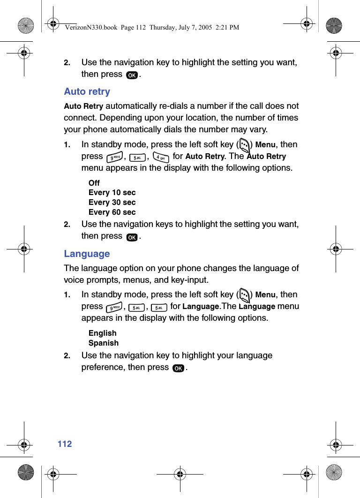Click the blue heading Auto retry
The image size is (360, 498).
[x=87, y=91]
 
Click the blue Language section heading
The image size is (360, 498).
[x=87, y=254]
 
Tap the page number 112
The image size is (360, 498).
[x=65, y=444]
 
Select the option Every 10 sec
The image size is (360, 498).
[x=112, y=192]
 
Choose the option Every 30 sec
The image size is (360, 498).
[x=112, y=202]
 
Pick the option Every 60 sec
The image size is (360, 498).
[x=112, y=212]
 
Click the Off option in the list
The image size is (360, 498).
[x=94, y=183]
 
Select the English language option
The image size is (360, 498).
[x=102, y=333]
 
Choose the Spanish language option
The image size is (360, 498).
[x=104, y=343]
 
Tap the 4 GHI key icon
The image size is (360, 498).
[x=161, y=158]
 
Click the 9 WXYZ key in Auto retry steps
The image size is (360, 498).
[x=115, y=158]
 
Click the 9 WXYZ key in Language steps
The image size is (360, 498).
[x=114, y=308]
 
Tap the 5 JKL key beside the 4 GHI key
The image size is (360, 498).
[x=137, y=158]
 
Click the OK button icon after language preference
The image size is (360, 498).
[x=178, y=369]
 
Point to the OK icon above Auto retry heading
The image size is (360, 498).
[x=132, y=75]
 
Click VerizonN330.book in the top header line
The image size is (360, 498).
[x=91, y=28]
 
